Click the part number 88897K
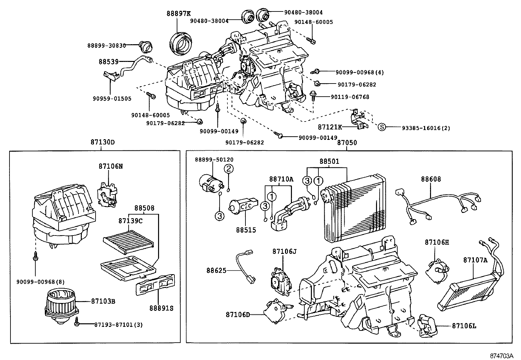click(x=178, y=13)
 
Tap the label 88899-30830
click(x=106, y=46)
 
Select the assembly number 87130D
click(x=102, y=142)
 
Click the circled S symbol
click(x=382, y=127)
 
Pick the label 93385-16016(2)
click(x=426, y=128)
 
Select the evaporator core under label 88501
click(x=353, y=210)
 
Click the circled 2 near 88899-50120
click(x=229, y=169)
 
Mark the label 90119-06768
click(x=350, y=97)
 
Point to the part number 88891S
click(x=161, y=308)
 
